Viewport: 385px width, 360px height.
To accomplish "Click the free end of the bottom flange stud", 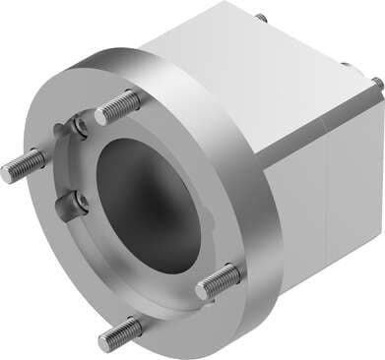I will (104, 341).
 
